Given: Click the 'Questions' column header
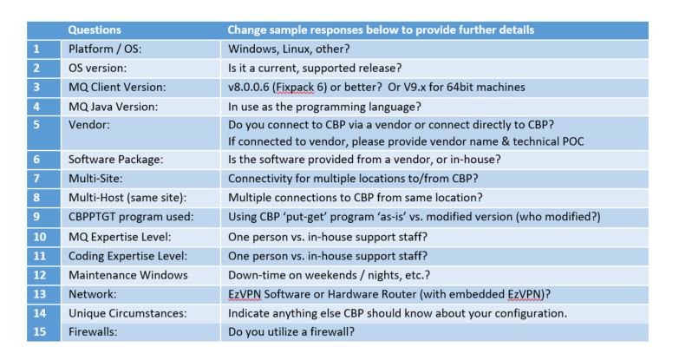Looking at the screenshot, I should point(95,29).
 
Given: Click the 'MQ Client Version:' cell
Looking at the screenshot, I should point(116,87).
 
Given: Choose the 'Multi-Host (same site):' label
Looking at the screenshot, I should point(126,198).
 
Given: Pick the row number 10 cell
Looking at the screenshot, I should point(36,236).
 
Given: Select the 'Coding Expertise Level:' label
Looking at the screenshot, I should point(127,255).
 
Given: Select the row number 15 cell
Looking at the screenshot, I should point(36,331).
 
